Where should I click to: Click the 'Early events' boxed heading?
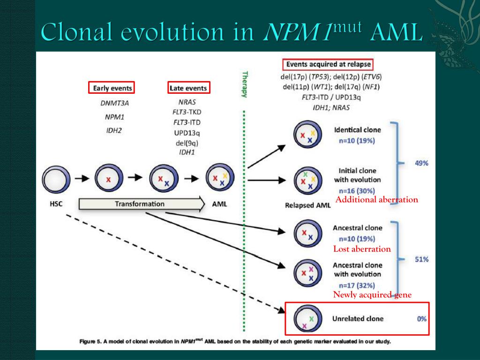pos(112,88)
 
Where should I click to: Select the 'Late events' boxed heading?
pos(188,88)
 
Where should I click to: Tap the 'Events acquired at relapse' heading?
pos(329,64)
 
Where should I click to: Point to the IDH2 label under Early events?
pos(114,130)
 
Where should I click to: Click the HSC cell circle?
pos(56,179)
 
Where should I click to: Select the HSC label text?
pos(56,204)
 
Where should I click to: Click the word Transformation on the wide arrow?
pos(140,204)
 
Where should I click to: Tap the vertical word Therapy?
pos(244,84)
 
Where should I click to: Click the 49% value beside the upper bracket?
pos(421,163)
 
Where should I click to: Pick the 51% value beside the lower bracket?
pos(421,259)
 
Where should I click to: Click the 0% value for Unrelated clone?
pos(421,319)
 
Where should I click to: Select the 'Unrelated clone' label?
pos(358,319)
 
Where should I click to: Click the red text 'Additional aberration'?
pos(376,200)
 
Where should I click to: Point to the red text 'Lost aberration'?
pos(362,249)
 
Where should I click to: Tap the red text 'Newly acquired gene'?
pos(372,294)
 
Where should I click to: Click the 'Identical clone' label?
pos(357,130)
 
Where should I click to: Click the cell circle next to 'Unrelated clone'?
pos(307,319)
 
